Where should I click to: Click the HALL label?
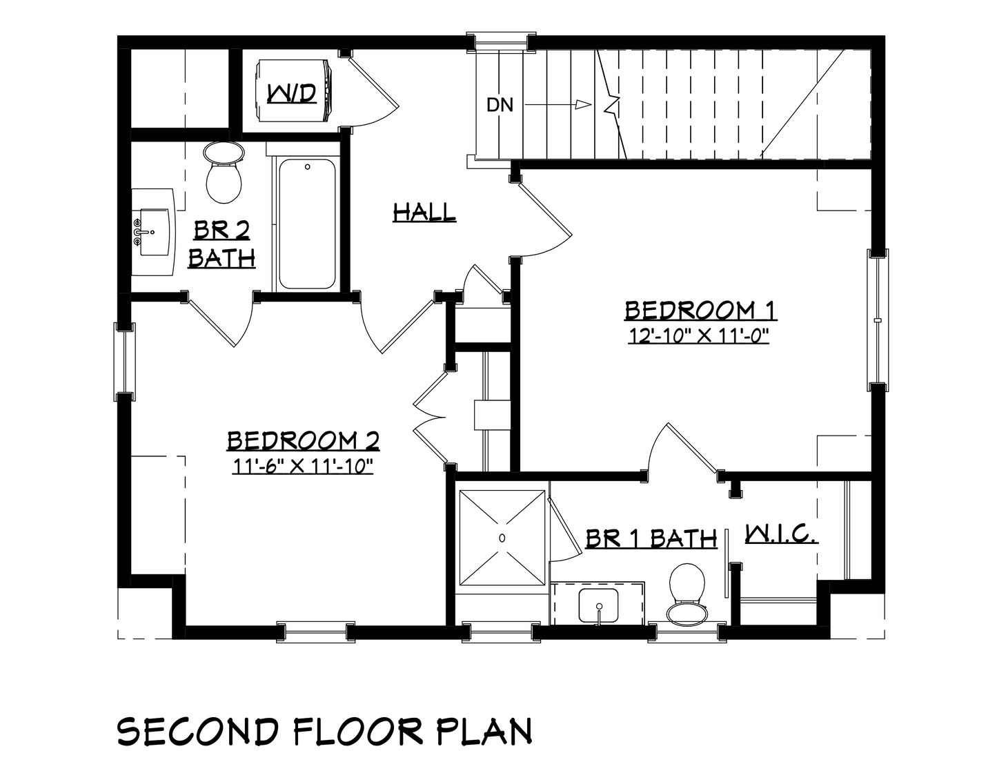(424, 213)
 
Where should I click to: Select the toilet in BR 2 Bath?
(224, 172)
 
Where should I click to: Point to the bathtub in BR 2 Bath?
(307, 224)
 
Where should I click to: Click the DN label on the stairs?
(500, 105)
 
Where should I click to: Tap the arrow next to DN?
(558, 105)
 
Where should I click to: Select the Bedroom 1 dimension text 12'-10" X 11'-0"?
(698, 336)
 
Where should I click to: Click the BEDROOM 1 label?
(700, 310)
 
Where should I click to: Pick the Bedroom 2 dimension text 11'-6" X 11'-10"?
(302, 467)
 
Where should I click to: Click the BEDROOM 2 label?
(304, 441)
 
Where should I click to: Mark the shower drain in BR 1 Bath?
(502, 538)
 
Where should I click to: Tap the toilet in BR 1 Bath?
(687, 594)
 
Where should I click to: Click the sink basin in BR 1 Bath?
(598, 605)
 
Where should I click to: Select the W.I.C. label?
(781, 535)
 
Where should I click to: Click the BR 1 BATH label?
(651, 538)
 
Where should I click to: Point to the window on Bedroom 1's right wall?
(877, 320)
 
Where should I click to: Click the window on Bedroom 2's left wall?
(124, 362)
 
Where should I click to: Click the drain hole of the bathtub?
(308, 167)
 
